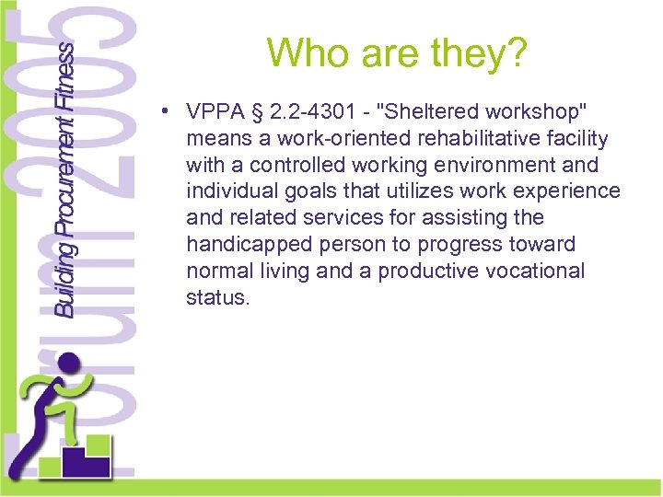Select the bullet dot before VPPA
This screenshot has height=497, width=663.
click(x=161, y=112)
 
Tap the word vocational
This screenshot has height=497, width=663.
click(x=538, y=271)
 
